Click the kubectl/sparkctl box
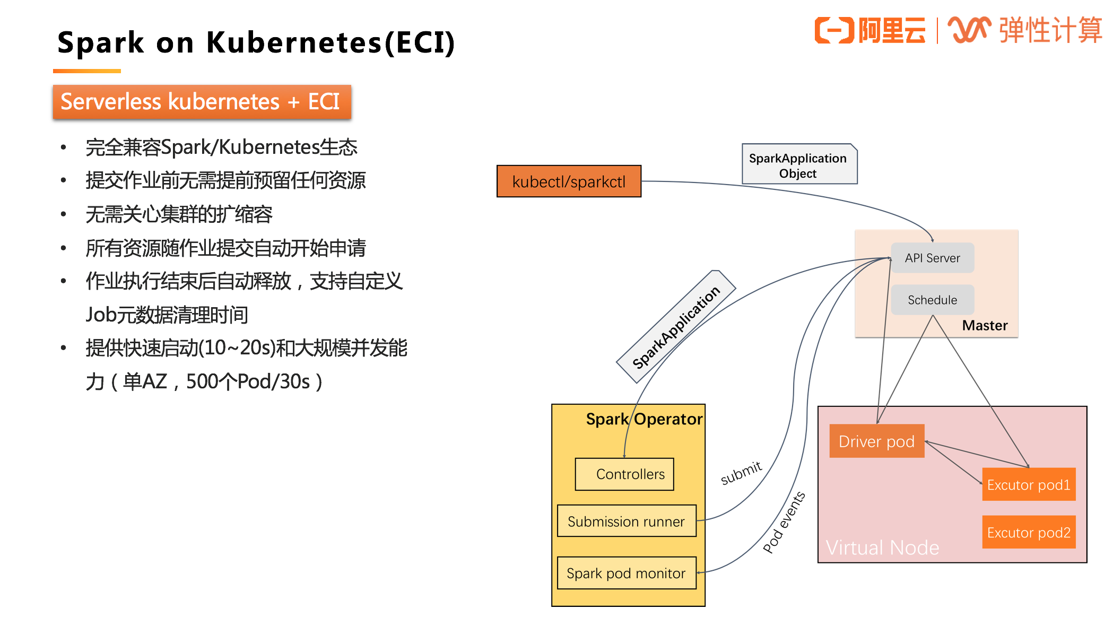(x=569, y=181)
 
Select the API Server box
(x=932, y=258)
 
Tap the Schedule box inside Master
(x=932, y=300)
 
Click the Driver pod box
(x=876, y=441)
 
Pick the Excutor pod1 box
(x=1028, y=484)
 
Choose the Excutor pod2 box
(x=1028, y=532)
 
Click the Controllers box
(x=624, y=474)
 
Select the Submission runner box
(x=626, y=521)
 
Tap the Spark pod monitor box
(x=626, y=573)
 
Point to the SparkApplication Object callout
(x=798, y=165)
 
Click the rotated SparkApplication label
(x=676, y=327)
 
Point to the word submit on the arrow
(x=741, y=472)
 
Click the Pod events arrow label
(x=784, y=522)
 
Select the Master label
(x=985, y=325)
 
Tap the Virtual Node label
(x=882, y=547)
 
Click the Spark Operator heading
(x=644, y=419)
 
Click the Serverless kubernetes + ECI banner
(x=201, y=102)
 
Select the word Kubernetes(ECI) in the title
(x=330, y=42)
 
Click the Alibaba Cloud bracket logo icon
(x=834, y=30)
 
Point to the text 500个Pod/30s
(x=248, y=381)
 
